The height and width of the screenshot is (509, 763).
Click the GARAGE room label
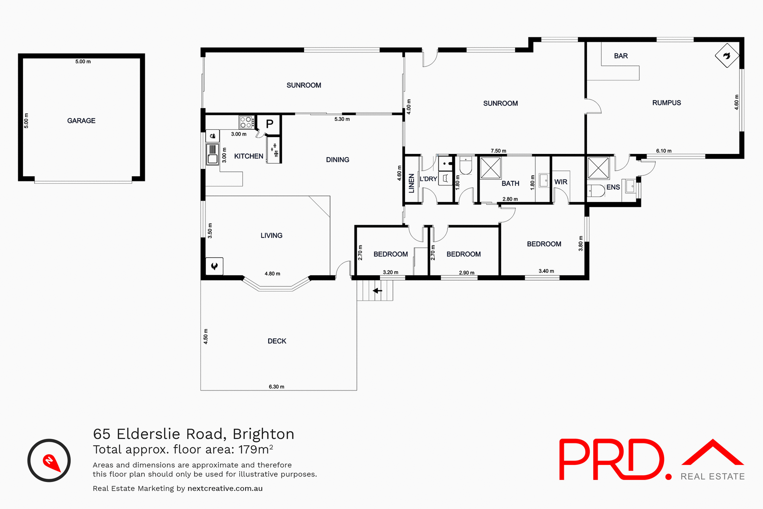pos(81,120)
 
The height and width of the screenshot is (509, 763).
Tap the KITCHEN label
pos(248,156)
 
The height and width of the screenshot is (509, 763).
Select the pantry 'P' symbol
pos(269,124)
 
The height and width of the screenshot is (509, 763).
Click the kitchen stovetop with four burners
pos(246,122)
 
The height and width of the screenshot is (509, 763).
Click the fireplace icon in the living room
pos(214,266)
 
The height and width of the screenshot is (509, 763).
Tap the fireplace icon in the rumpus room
pos(727,56)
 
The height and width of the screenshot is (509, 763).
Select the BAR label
pos(621,56)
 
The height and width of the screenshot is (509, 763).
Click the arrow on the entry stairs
pos(377,291)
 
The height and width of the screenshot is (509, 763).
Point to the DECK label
pos(277,341)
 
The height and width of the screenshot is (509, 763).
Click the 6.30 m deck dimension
pos(276,387)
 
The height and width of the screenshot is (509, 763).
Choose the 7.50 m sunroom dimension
pos(498,151)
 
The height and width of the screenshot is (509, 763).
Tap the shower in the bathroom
pos(491,168)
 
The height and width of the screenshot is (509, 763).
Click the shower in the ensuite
pos(598,168)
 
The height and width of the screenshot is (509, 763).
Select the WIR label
pos(561,182)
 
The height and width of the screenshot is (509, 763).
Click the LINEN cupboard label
pos(411,183)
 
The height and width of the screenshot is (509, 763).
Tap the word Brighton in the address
pos(263,434)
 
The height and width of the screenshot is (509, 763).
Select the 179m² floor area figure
pos(256,449)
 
